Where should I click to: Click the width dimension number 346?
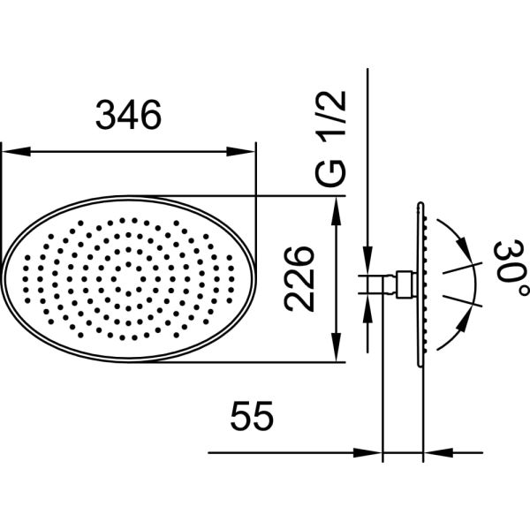click(129, 115)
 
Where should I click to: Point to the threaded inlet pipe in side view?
click(381, 283)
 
